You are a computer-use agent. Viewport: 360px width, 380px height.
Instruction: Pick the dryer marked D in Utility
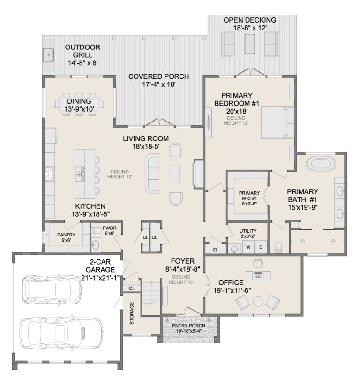261,247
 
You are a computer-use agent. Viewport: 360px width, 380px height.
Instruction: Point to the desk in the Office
257,274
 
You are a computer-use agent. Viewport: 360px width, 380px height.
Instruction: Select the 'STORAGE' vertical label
132,313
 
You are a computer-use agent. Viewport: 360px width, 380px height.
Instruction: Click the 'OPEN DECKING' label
249,20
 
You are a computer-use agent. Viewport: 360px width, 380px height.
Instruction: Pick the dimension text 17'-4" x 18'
159,85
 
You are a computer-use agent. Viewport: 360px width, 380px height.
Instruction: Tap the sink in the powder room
97,243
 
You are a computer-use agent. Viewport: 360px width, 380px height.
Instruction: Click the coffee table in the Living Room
176,174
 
